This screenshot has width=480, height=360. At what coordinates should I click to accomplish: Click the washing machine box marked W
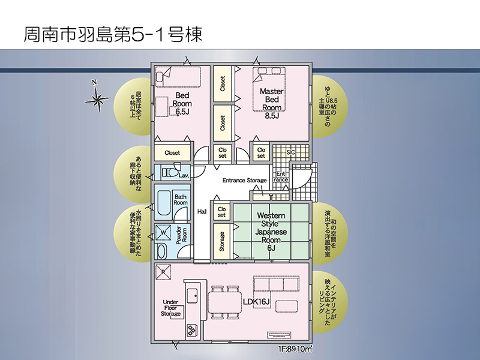(163, 233)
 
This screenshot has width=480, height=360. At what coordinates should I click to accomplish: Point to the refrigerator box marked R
(163, 272)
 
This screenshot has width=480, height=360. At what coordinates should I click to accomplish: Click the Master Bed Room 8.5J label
(272, 103)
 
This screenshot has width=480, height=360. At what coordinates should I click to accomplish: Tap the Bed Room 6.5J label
(182, 103)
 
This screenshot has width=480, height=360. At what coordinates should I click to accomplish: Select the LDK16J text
(257, 302)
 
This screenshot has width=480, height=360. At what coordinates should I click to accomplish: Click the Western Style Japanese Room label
(271, 232)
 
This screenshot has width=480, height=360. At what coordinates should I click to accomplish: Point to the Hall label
(202, 212)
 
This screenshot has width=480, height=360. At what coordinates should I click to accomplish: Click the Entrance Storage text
(245, 181)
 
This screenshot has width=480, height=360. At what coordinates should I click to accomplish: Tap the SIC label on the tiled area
(290, 152)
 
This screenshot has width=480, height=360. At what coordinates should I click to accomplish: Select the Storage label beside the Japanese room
(222, 242)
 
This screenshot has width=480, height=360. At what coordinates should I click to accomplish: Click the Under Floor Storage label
(171, 308)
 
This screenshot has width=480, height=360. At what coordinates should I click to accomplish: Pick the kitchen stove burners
(192, 331)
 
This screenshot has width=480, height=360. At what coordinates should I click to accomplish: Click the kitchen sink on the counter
(192, 295)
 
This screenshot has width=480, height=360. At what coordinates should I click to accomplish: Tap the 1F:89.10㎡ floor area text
(295, 349)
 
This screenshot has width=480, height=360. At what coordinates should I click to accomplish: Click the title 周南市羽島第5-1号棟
(113, 34)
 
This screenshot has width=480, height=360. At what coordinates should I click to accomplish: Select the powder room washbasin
(161, 251)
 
